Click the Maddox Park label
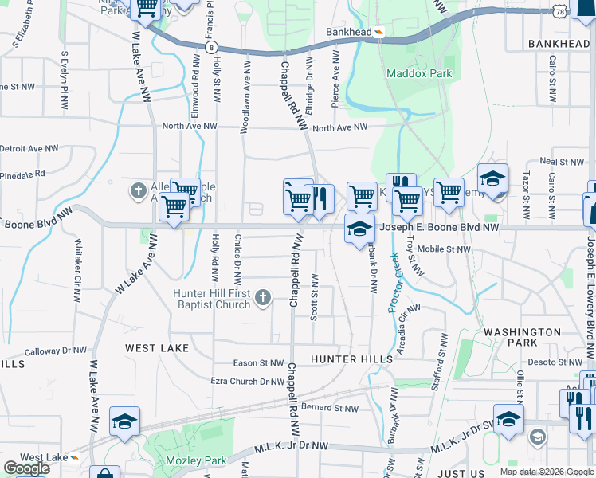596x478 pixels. tap(419, 74)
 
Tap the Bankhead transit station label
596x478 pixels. tap(349, 33)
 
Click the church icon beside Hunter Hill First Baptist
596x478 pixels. tap(263, 299)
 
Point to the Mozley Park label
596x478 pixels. tap(195, 460)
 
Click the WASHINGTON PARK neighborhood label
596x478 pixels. tap(522, 337)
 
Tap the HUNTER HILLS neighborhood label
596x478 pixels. tap(351, 359)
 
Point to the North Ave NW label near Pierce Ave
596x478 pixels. tap(340, 127)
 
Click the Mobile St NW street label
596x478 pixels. tap(444, 249)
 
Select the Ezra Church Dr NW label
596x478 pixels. tap(247, 382)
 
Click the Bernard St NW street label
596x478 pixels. tap(330, 408)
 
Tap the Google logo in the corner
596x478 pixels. tap(26, 468)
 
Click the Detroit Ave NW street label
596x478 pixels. tap(29, 148)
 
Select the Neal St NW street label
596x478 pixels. tap(558, 160)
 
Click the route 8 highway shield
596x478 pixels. tap(210, 47)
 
